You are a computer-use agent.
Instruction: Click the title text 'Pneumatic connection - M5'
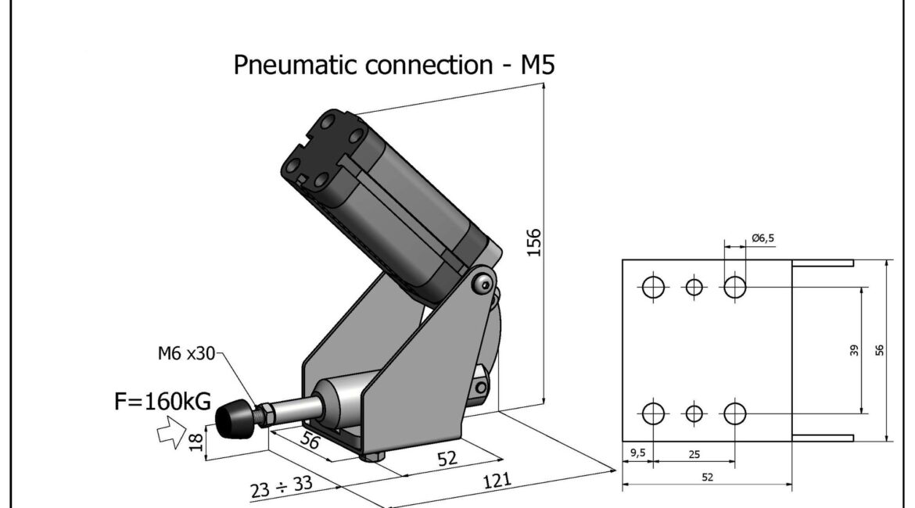[x=394, y=64]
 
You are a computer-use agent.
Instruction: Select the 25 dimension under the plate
[x=694, y=453]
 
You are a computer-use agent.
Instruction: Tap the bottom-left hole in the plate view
[x=653, y=412]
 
